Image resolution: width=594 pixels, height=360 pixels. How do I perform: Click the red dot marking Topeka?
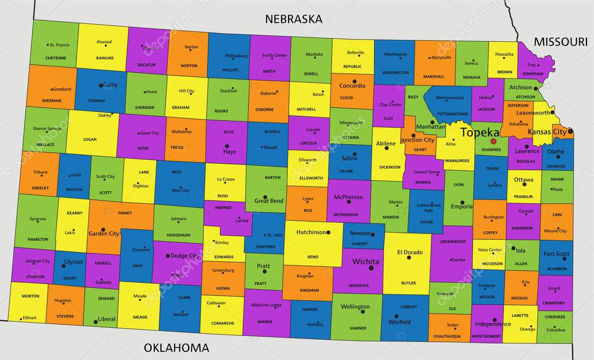(494, 141)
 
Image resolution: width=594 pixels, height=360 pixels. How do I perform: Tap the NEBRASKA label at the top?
(293, 19)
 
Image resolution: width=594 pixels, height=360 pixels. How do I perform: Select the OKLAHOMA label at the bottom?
(177, 348)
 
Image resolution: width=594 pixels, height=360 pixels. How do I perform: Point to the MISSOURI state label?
(560, 41)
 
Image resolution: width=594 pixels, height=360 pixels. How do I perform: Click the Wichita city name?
(365, 261)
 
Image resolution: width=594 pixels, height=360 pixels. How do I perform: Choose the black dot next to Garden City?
(103, 229)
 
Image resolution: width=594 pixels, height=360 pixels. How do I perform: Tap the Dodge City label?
(185, 255)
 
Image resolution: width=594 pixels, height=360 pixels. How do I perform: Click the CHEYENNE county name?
(56, 58)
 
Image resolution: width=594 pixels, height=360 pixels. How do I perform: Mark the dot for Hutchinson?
(328, 232)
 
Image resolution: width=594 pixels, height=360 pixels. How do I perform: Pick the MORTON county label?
(30, 296)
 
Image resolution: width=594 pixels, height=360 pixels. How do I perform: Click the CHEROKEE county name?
(555, 318)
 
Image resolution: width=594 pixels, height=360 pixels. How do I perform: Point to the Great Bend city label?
(268, 201)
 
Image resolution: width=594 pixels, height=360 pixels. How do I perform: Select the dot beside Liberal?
(95, 321)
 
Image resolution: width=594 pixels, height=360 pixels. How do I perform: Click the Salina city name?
(349, 158)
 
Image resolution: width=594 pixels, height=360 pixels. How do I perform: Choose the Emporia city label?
(462, 206)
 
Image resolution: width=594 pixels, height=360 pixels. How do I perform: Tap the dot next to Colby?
(100, 85)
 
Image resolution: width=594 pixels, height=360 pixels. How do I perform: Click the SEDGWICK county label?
(359, 285)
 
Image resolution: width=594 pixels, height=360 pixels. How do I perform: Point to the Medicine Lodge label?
(266, 305)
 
